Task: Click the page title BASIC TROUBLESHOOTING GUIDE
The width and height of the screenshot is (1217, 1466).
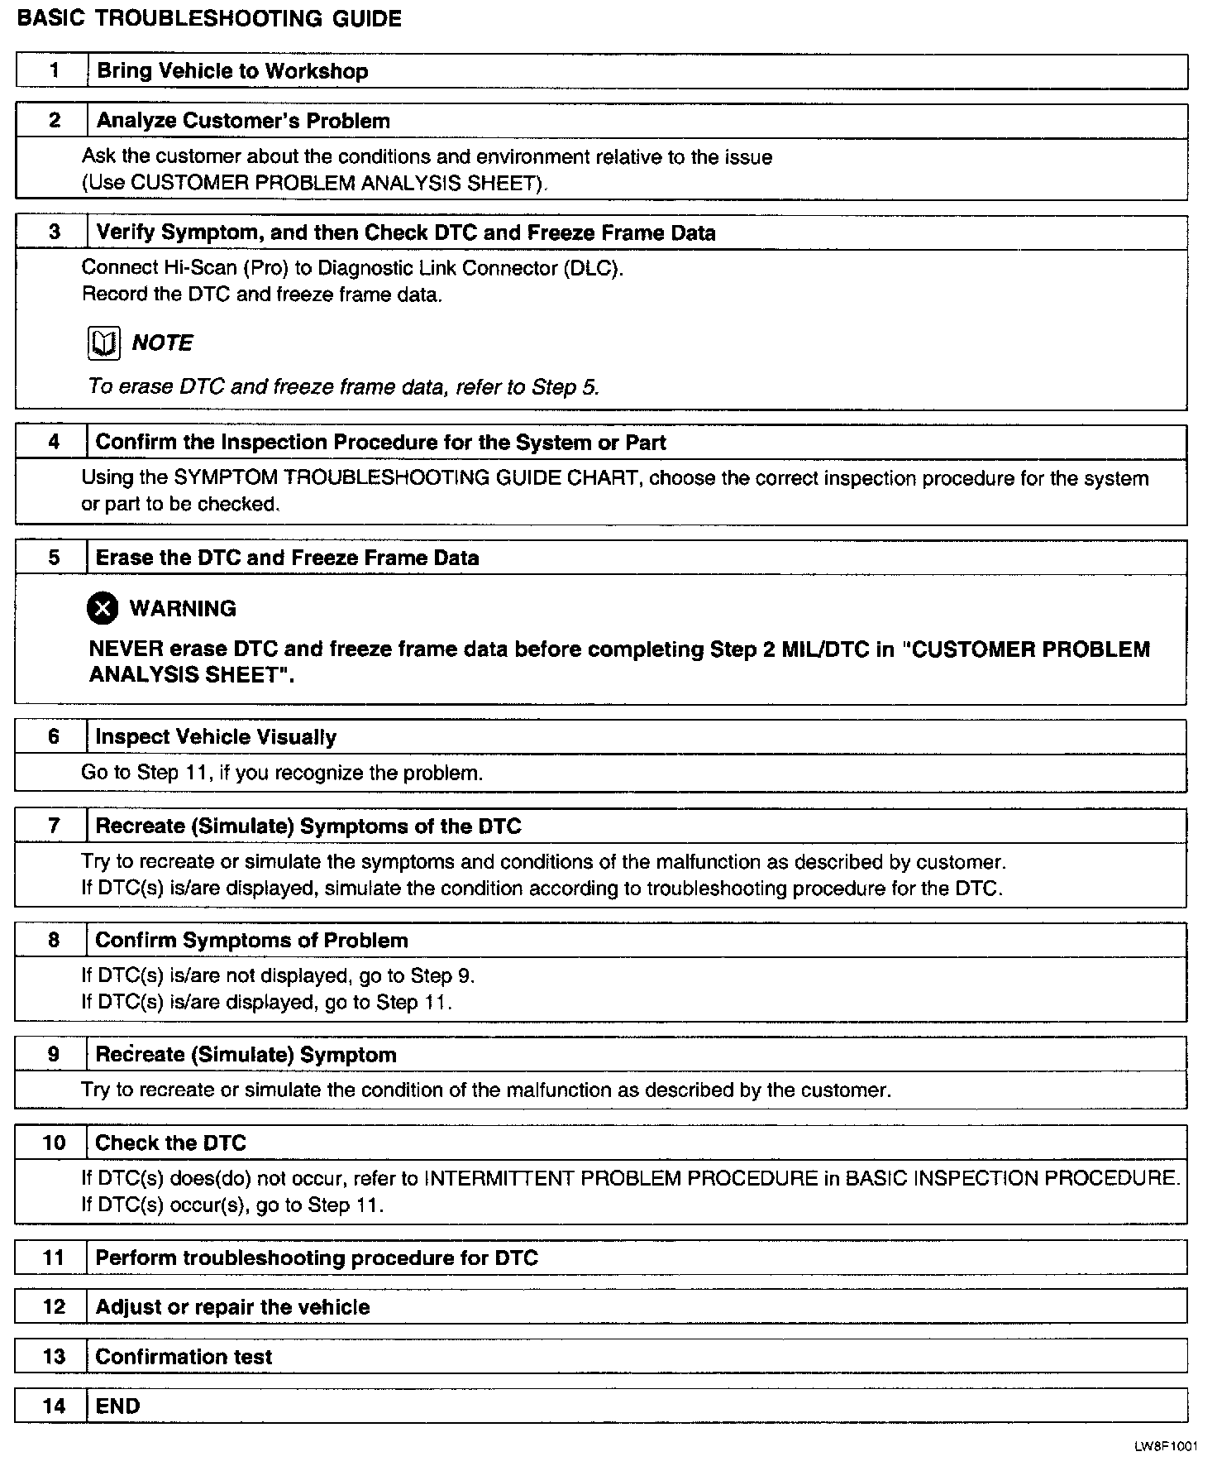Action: tap(209, 19)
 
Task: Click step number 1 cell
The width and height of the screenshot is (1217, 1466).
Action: tap(54, 70)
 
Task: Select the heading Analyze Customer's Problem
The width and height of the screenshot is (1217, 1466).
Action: tap(243, 121)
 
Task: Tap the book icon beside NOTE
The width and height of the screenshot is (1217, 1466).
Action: tap(103, 343)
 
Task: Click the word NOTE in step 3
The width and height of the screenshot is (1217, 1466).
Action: tap(162, 343)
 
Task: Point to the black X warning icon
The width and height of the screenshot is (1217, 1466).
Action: tap(103, 609)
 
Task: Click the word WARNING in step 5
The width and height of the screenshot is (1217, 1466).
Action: tap(183, 609)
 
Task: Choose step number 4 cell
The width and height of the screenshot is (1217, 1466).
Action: tap(54, 442)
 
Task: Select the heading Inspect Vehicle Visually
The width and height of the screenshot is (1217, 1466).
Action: tap(216, 737)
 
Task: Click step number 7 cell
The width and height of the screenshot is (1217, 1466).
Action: tap(54, 826)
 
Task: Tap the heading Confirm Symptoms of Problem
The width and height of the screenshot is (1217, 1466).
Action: tap(251, 941)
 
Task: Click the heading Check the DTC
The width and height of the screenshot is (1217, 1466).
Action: tap(171, 1143)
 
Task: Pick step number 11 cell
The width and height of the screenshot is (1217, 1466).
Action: tap(54, 1258)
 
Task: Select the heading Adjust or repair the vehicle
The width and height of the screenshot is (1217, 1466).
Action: tap(232, 1307)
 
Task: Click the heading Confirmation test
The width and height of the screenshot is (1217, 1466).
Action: tap(184, 1357)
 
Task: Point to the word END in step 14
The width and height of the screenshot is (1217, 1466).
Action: tap(118, 1406)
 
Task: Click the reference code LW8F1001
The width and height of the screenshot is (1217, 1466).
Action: tap(1165, 1446)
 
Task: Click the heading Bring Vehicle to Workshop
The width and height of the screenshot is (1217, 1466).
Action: tap(232, 71)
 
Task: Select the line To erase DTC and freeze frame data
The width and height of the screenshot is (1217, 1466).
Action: tap(343, 387)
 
